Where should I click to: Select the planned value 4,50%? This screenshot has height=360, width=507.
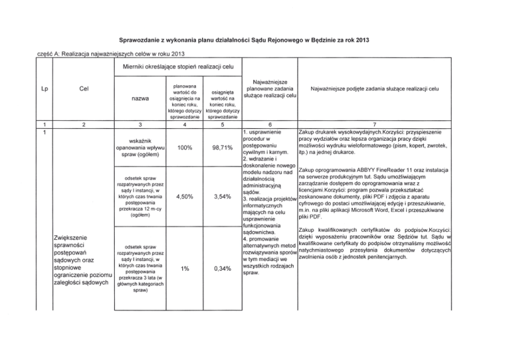[x=185, y=196]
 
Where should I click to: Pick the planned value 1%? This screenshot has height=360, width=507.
[x=185, y=269]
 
